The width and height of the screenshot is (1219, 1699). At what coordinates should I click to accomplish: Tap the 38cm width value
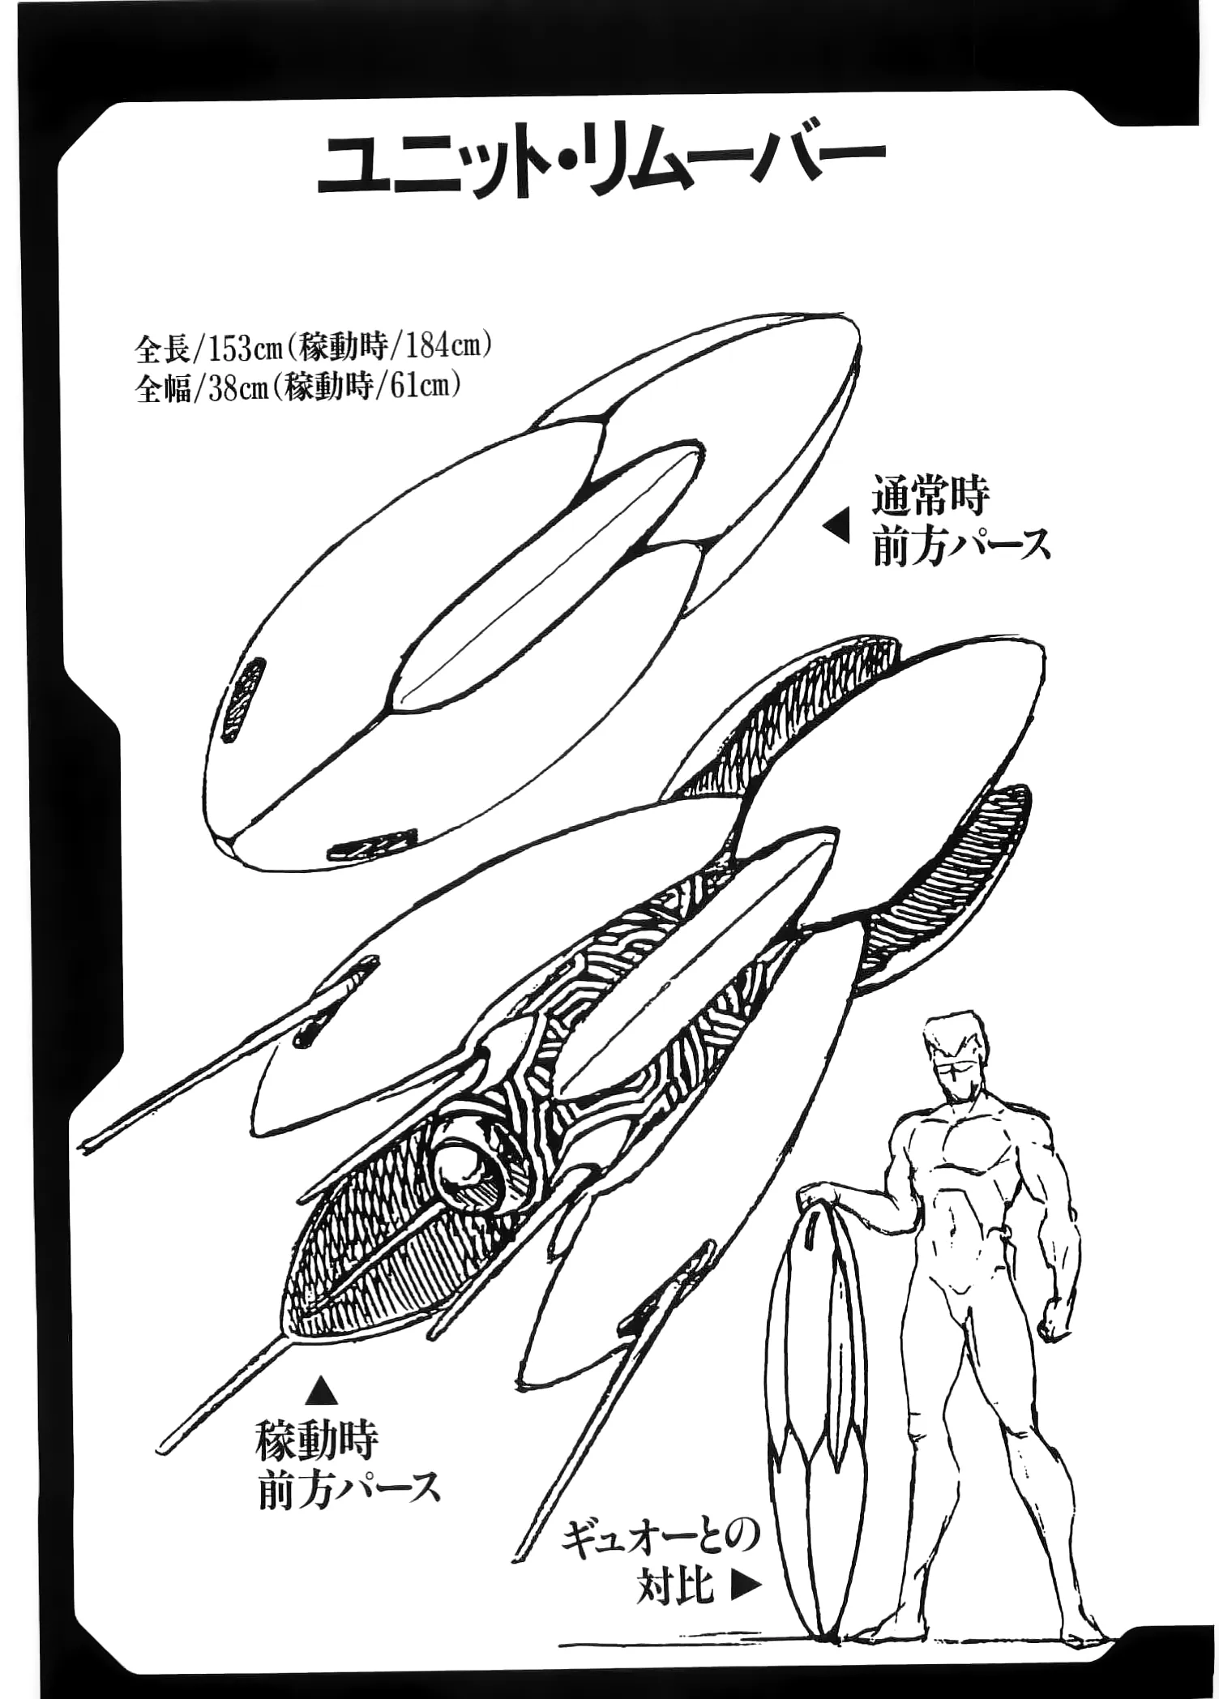(236, 388)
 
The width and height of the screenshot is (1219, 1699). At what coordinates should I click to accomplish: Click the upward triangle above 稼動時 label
(321, 1390)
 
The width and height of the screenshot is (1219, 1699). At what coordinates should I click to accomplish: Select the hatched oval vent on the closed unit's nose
(243, 699)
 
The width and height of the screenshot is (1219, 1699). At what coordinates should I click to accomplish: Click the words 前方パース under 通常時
(962, 546)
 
